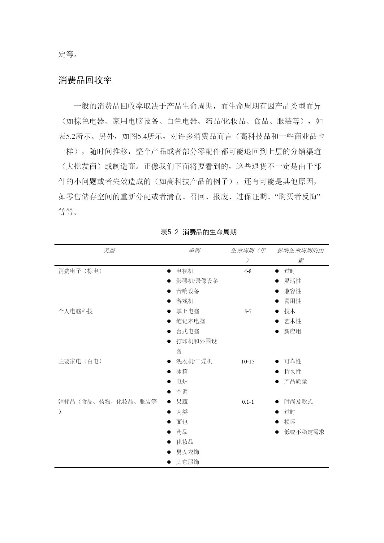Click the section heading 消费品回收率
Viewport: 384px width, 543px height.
85,80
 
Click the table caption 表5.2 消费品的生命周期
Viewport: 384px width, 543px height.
199,232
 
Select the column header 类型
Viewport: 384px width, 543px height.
109,250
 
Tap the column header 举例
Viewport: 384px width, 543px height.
194,250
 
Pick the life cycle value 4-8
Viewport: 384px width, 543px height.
248,271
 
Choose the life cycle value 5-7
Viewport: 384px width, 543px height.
248,311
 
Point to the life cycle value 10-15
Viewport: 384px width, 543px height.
248,362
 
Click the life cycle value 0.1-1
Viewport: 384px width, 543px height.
248,402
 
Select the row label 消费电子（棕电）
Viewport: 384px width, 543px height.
80,271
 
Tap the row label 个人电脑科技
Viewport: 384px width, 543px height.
76,311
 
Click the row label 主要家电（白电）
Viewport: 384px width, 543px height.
80,362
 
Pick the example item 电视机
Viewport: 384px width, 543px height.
185,271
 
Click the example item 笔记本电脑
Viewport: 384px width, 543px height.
191,321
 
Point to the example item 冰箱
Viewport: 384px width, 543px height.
182,371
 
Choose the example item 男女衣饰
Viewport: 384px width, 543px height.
188,452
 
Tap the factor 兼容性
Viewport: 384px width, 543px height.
293,291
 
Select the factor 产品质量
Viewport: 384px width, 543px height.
296,382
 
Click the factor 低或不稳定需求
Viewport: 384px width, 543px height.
304,432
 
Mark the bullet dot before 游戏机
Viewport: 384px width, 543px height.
169,301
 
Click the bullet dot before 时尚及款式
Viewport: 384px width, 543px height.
277,402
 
